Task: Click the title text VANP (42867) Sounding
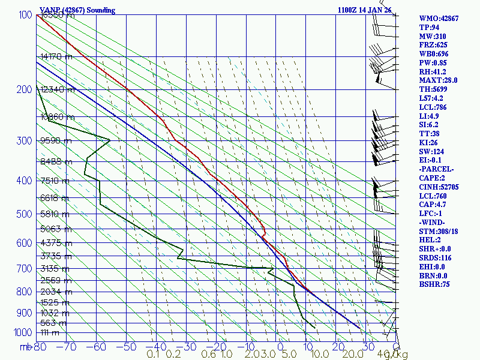(77, 10)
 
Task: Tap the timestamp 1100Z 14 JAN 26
(364, 10)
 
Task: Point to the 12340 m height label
(58, 90)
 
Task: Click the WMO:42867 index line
(439, 19)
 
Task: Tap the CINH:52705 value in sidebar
(439, 187)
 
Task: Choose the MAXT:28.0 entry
(438, 80)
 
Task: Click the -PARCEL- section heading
(436, 169)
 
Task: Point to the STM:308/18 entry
(439, 231)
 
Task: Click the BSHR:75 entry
(434, 284)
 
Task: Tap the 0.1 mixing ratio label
(153, 355)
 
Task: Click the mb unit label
(26, 346)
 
